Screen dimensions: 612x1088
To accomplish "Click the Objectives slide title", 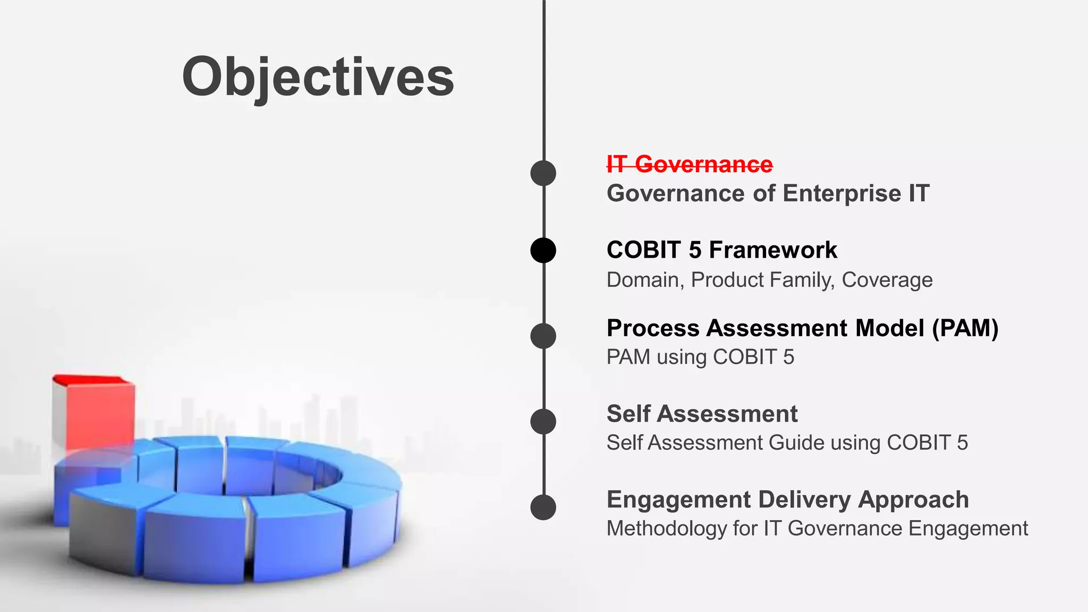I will pyautogui.click(x=318, y=77).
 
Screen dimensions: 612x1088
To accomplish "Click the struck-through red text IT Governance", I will pyautogui.click(x=690, y=164).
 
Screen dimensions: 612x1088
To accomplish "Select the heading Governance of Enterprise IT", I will pyautogui.click(x=768, y=193).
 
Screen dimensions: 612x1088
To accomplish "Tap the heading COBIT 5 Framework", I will pyautogui.click(x=721, y=250).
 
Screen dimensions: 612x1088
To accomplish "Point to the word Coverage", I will pyautogui.click(x=887, y=280).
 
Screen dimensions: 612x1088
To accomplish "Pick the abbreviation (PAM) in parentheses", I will pyautogui.click(x=965, y=328).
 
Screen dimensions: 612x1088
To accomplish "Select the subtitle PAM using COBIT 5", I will pyautogui.click(x=700, y=357).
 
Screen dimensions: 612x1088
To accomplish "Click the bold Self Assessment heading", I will pyautogui.click(x=702, y=414).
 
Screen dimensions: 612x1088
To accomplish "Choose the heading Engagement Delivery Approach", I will pyautogui.click(x=787, y=499).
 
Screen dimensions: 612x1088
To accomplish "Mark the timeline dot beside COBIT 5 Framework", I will pyautogui.click(x=543, y=250).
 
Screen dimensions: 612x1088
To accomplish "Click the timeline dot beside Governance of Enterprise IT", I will pyautogui.click(x=543, y=173).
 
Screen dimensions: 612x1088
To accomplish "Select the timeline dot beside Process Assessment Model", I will pyautogui.click(x=543, y=336).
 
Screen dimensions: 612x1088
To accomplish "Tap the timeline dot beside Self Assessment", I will pyautogui.click(x=543, y=422).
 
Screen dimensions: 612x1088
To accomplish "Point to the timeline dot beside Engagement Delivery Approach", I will pyautogui.click(x=543, y=507).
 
